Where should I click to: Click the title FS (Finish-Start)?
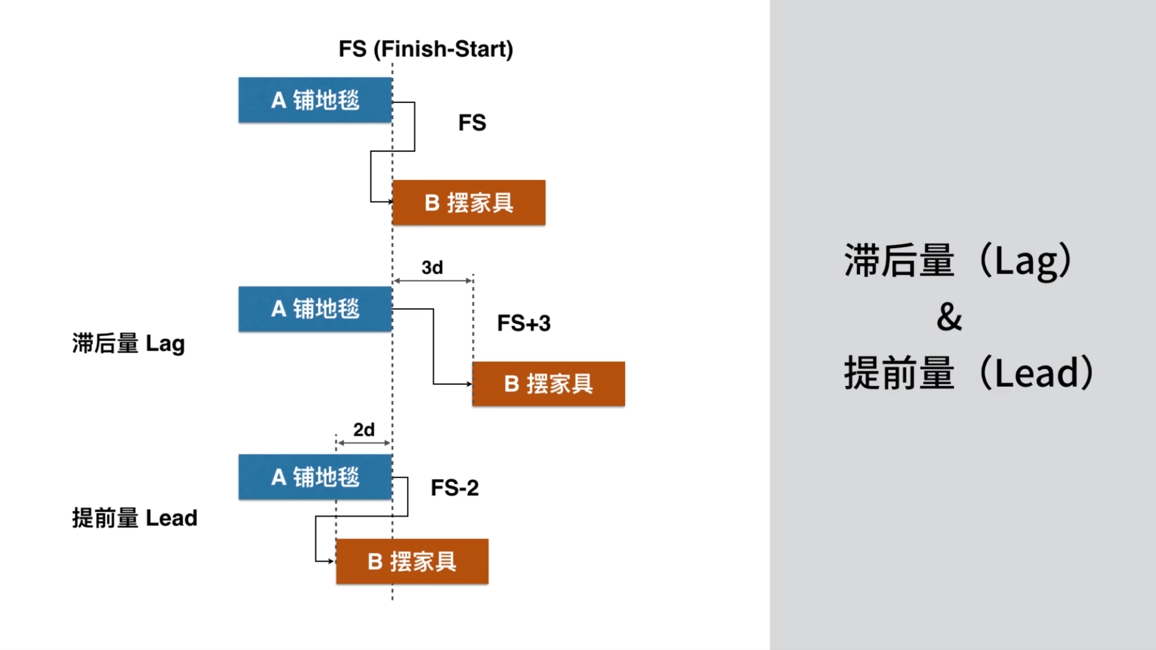(x=425, y=49)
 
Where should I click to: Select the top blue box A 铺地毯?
(x=315, y=100)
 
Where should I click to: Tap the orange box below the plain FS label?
(x=469, y=202)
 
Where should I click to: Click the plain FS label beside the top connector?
(x=472, y=123)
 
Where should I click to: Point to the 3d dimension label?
(x=432, y=268)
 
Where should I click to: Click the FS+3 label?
(x=523, y=323)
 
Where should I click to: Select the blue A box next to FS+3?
(x=315, y=309)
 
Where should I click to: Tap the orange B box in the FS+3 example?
(x=548, y=384)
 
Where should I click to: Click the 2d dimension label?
(x=363, y=430)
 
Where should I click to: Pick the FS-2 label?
(x=455, y=488)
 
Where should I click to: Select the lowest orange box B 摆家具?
(x=412, y=561)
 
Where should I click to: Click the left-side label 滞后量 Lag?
(x=128, y=344)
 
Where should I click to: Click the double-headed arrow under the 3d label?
(x=433, y=281)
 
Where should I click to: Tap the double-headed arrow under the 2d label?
(x=364, y=443)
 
